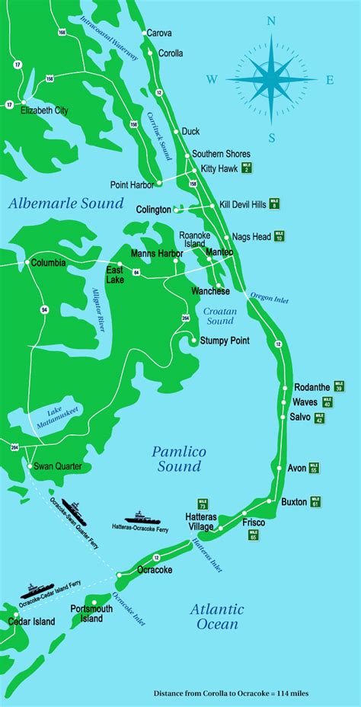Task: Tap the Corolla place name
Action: (171, 53)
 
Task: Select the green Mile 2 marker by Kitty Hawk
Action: (247, 168)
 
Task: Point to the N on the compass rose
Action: (271, 22)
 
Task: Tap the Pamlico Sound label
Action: (179, 459)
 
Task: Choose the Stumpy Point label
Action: (224, 341)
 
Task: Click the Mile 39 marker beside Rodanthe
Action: (339, 387)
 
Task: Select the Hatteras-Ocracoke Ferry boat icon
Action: (140, 517)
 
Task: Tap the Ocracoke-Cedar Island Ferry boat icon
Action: (34, 589)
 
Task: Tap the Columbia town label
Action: (48, 263)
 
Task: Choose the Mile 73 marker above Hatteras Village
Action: (203, 504)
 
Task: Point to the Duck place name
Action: (191, 131)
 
